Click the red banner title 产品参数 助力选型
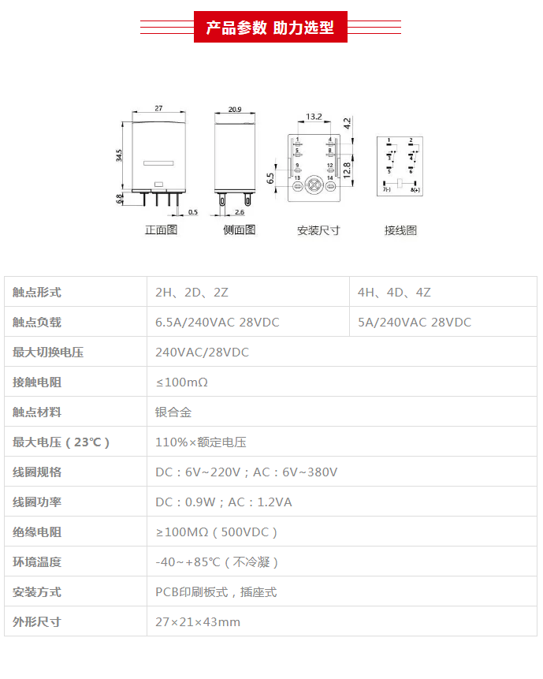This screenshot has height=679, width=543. point(270,28)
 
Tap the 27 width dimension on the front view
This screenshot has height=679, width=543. point(158,108)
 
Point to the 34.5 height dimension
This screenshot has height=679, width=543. point(119,155)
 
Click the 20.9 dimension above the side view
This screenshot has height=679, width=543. point(235,109)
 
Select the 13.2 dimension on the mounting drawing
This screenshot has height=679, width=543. point(314,117)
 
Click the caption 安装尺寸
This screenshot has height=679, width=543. point(318,230)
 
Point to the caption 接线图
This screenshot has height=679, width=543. point(400,230)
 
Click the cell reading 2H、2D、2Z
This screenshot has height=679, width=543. point(192,293)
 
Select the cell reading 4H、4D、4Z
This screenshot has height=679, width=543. point(394,293)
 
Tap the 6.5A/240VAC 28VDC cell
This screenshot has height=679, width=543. point(218,323)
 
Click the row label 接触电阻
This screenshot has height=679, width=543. point(37,382)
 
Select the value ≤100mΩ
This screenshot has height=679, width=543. point(181,382)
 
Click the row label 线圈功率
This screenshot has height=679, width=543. point(37,502)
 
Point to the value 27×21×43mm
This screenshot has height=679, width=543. point(198,622)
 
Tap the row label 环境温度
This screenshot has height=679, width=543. point(37,562)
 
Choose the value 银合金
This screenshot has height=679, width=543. point(173,412)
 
